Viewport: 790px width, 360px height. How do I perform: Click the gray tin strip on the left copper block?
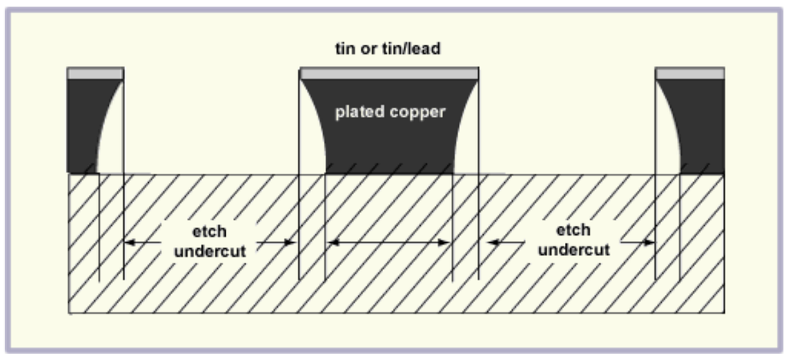point(95,74)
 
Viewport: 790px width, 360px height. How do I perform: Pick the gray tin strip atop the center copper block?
point(389,74)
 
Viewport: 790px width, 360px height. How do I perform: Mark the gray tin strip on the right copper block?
point(690,74)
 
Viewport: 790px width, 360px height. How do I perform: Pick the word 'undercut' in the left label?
point(209,251)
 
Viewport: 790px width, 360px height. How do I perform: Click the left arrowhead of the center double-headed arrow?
point(332,242)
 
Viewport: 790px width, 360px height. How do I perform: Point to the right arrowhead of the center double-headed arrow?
point(446,242)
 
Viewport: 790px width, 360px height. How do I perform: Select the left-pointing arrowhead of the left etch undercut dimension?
point(129,242)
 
